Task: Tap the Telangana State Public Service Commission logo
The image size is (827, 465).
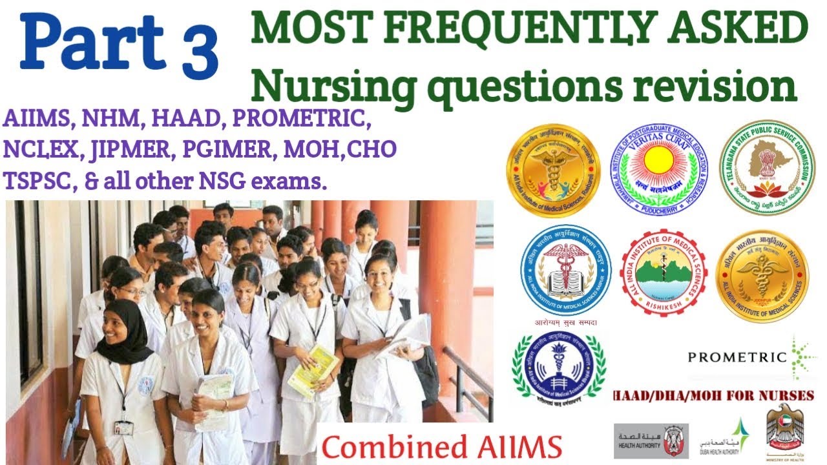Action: click(x=767, y=167)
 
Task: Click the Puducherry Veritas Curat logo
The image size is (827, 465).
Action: click(x=658, y=167)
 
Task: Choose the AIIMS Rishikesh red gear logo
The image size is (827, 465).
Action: click(x=663, y=272)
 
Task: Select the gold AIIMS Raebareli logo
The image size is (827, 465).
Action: click(x=554, y=170)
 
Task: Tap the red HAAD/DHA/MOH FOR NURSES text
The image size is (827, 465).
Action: click(x=713, y=395)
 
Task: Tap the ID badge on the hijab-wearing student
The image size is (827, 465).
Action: click(x=123, y=428)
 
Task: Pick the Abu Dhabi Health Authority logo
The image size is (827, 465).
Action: click(x=651, y=440)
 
